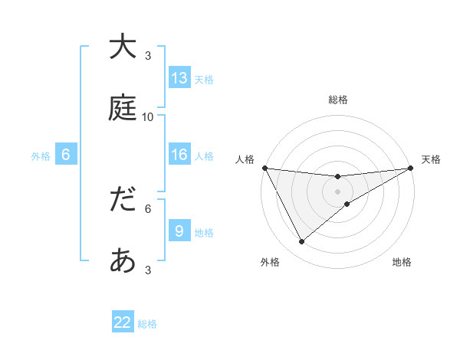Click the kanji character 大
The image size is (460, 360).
tap(123, 47)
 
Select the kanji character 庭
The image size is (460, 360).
tap(123, 108)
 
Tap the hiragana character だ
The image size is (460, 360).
tap(123, 200)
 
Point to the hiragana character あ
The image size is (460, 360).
tap(123, 261)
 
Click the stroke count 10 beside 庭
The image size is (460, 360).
tap(148, 116)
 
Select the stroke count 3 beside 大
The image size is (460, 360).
tap(148, 55)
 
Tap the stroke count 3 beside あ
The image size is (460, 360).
tap(148, 270)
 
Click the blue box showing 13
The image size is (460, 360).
tap(179, 78)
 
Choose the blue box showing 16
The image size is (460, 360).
tap(179, 155)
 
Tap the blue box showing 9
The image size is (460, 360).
tap(179, 231)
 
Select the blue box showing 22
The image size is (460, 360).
tap(123, 322)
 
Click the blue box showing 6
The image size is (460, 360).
tap(66, 155)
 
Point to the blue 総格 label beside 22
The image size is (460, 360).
tap(148, 324)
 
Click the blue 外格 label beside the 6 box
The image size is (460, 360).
tap(41, 156)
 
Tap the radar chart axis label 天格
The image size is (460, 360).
tap(432, 159)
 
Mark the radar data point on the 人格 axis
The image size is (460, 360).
tap(265, 168)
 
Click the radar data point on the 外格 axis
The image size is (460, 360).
tap(301, 242)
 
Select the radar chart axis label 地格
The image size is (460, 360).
tap(402, 263)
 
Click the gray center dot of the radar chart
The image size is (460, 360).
tap(338, 191)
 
